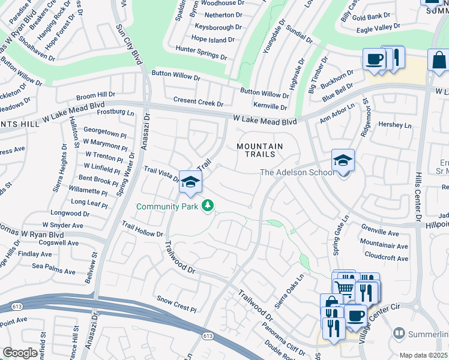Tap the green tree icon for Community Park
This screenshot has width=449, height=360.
208,206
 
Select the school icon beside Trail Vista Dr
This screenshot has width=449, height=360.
190,182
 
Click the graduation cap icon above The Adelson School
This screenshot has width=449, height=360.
343,160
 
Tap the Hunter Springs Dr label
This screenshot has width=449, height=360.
201,53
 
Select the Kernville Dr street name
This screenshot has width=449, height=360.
270,107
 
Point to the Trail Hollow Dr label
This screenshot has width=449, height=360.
142,229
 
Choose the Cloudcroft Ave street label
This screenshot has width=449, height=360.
386,259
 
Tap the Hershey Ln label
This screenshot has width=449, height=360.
396,125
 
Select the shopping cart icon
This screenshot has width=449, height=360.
344,287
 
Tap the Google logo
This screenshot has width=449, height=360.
20,353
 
